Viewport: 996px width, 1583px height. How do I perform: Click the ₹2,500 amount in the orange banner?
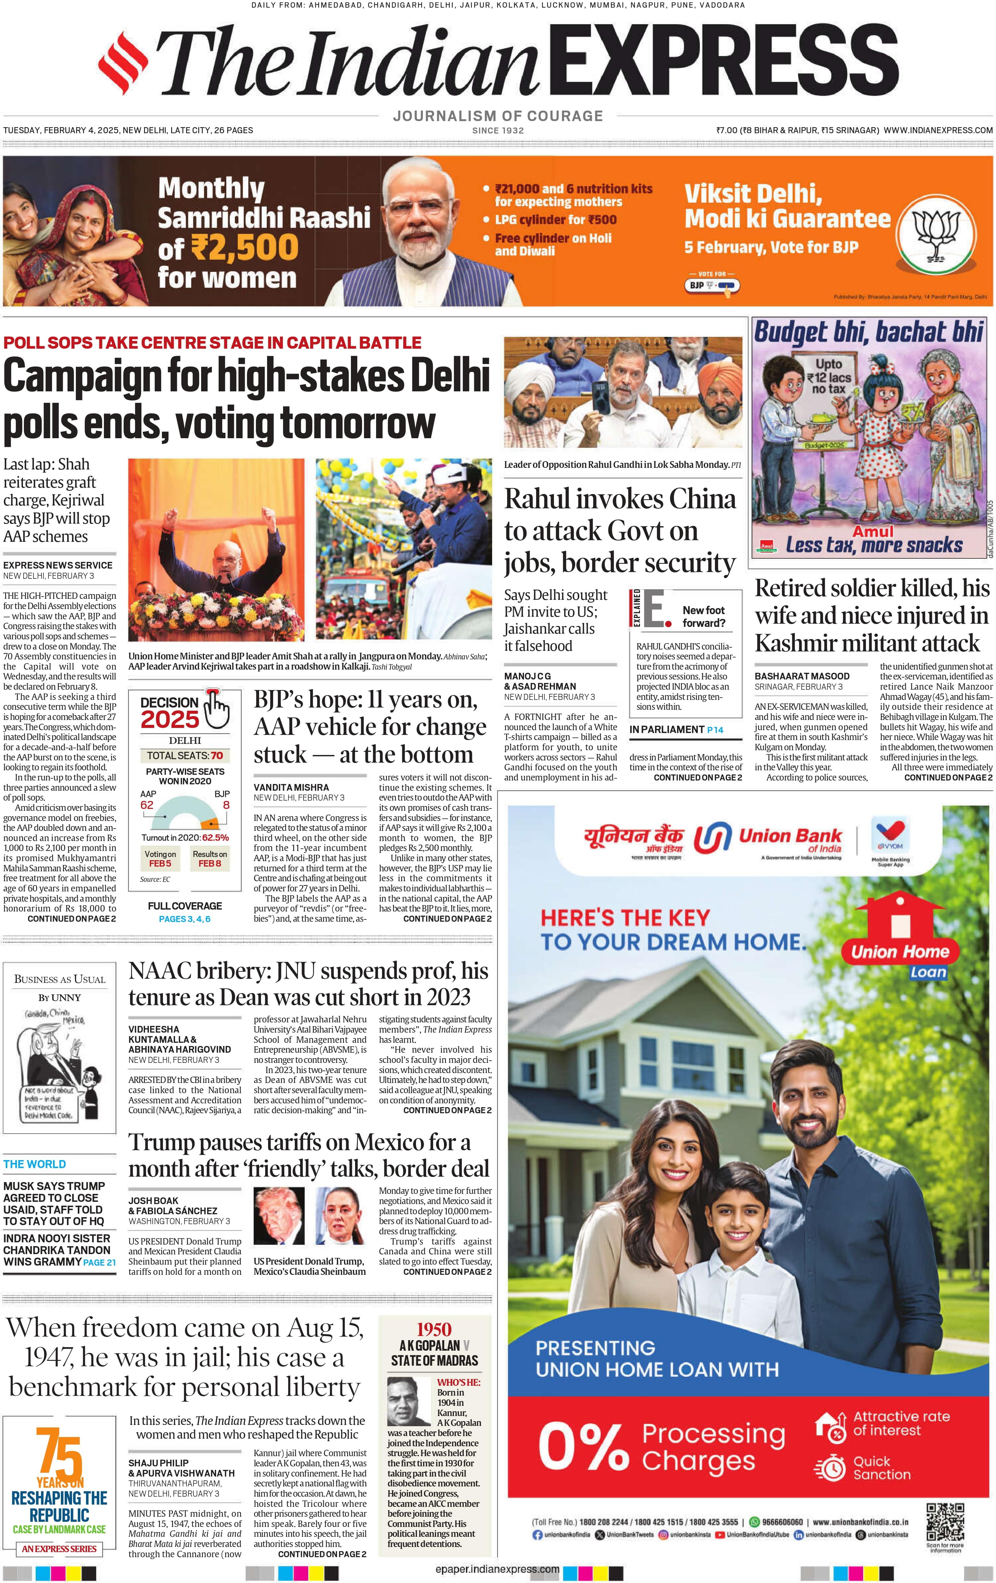click(x=244, y=248)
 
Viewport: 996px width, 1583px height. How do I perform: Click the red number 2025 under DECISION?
click(x=170, y=720)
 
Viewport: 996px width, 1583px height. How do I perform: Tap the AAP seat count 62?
click(x=147, y=805)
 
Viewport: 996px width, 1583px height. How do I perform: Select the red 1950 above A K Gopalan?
click(x=434, y=1329)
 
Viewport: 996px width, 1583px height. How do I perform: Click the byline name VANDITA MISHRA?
click(x=291, y=787)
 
